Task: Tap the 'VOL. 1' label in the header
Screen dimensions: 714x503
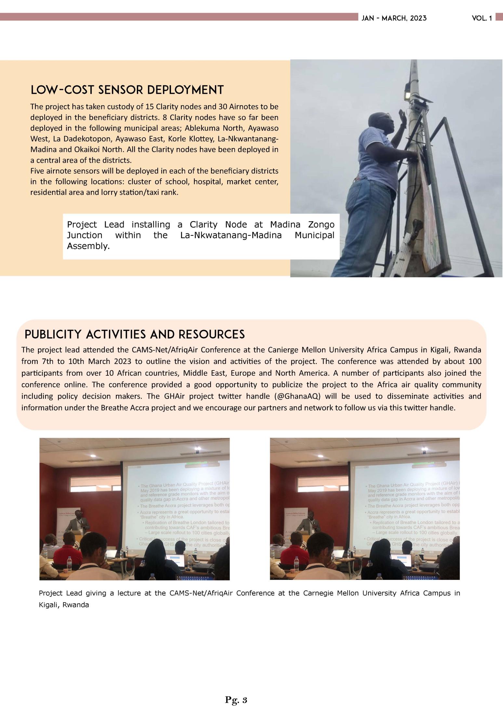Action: [x=482, y=18]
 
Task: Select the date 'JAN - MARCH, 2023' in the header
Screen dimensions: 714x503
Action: [x=394, y=18]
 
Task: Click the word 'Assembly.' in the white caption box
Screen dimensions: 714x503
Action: [x=88, y=246]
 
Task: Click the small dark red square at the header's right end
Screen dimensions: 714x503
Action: [x=499, y=17]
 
